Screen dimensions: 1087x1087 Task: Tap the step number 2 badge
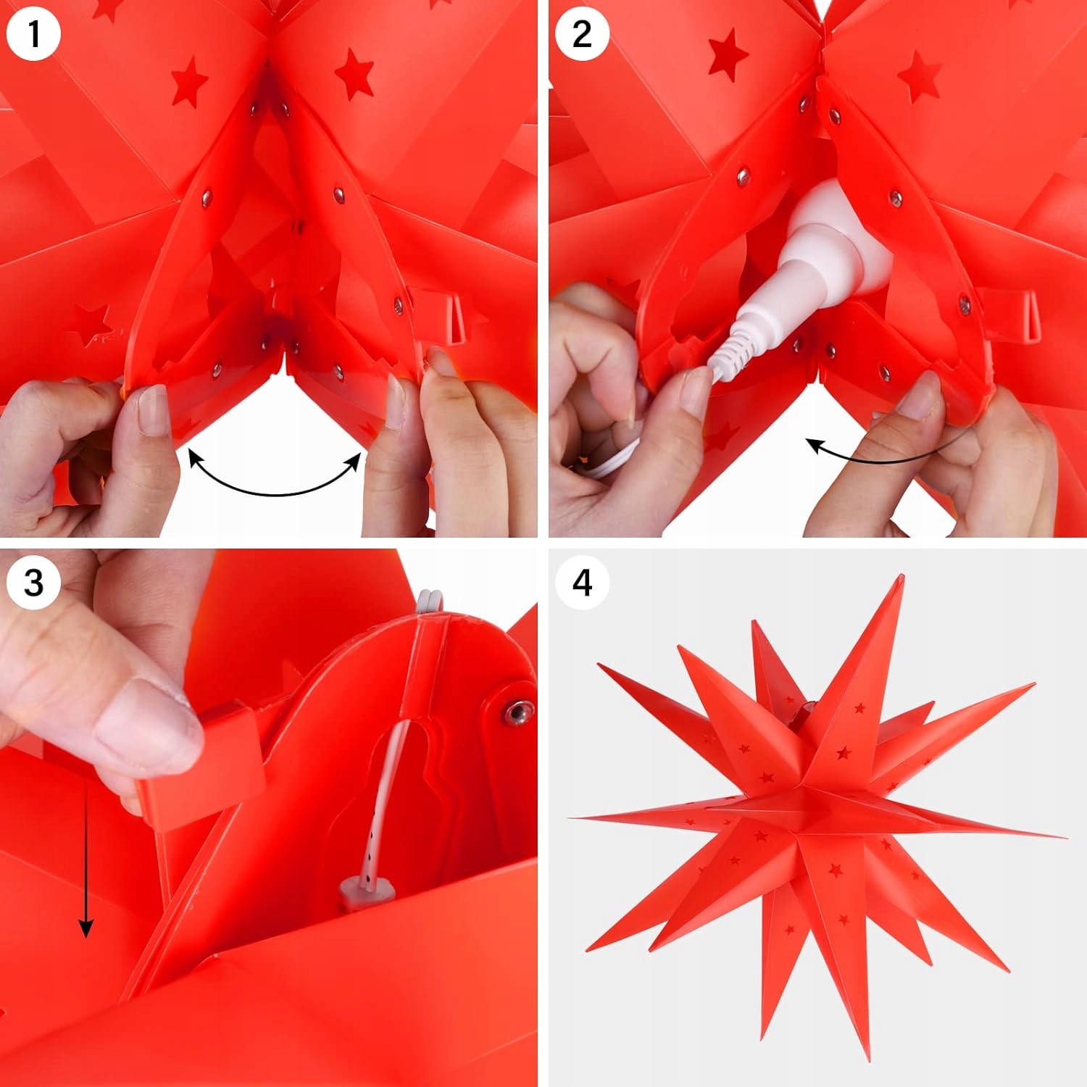(x=582, y=34)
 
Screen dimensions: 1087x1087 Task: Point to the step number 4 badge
(x=582, y=582)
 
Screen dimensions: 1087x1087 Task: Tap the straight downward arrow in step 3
(x=86, y=862)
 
